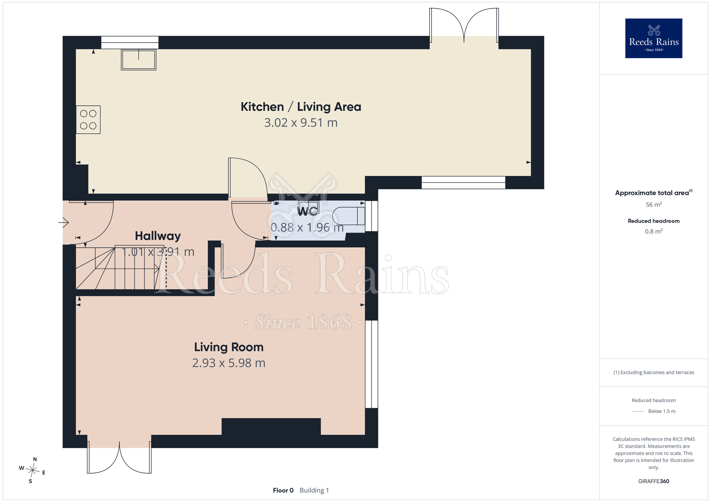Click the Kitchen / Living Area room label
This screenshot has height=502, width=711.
[301, 107]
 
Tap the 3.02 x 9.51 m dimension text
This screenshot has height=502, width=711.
[301, 123]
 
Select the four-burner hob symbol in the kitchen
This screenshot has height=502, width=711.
[88, 120]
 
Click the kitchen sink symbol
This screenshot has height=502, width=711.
[139, 60]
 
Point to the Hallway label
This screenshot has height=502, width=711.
[158, 236]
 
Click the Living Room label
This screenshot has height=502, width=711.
[229, 347]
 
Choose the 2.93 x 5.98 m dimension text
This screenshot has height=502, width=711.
[229, 363]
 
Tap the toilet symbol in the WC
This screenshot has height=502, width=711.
[349, 216]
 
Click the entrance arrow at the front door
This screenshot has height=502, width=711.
[64, 223]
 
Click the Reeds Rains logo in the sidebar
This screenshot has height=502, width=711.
[654, 38]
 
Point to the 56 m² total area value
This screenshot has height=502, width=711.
[654, 205]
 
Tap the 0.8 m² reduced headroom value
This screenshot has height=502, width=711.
[654, 231]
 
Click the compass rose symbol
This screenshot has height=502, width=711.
[32, 470]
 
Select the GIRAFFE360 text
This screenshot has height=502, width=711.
[654, 481]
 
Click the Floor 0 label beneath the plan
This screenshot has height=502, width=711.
[283, 490]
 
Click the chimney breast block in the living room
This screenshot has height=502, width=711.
[271, 426]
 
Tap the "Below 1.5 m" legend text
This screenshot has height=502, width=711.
[662, 411]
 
